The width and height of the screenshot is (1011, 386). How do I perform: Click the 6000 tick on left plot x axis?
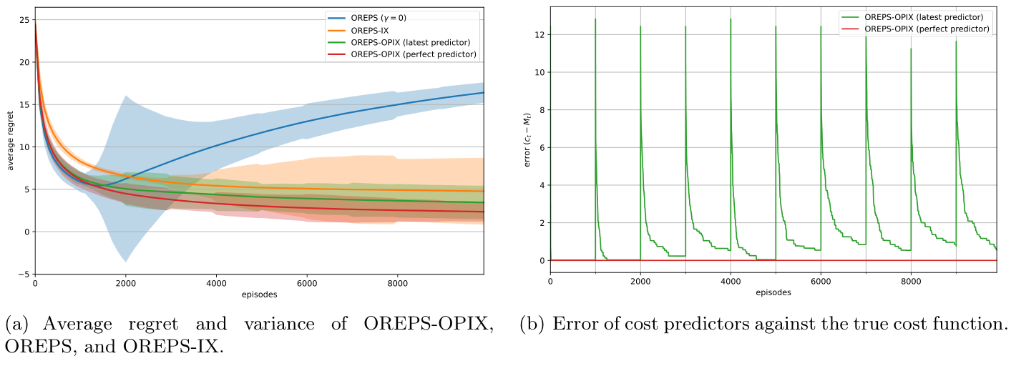tap(306, 282)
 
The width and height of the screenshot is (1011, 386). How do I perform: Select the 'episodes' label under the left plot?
tap(259, 294)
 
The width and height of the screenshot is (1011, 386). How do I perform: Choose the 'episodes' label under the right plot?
tap(774, 292)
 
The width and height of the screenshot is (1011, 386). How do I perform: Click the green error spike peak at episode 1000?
tap(595, 19)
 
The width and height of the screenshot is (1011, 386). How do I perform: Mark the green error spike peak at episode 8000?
tap(911, 49)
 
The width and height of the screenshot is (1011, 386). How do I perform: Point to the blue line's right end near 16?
tap(483, 93)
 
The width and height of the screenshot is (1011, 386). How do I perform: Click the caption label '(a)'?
tap(18, 325)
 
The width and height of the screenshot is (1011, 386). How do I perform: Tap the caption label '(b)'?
tap(533, 325)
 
